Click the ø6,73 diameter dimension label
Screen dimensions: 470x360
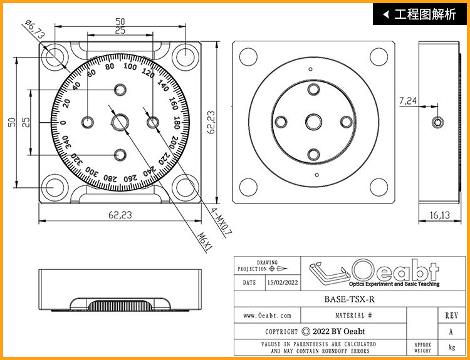(34, 29)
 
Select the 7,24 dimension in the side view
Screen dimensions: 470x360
(408, 101)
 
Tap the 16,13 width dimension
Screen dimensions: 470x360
(440, 215)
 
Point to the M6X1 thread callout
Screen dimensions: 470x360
(206, 242)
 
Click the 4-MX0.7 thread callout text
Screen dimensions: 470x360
(221, 221)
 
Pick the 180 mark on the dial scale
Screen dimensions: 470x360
(177, 123)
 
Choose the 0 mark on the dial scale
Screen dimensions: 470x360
(63, 123)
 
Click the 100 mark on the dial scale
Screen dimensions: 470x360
(130, 66)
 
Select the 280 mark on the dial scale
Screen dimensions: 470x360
(110, 178)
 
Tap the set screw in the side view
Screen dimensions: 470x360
(437, 122)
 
